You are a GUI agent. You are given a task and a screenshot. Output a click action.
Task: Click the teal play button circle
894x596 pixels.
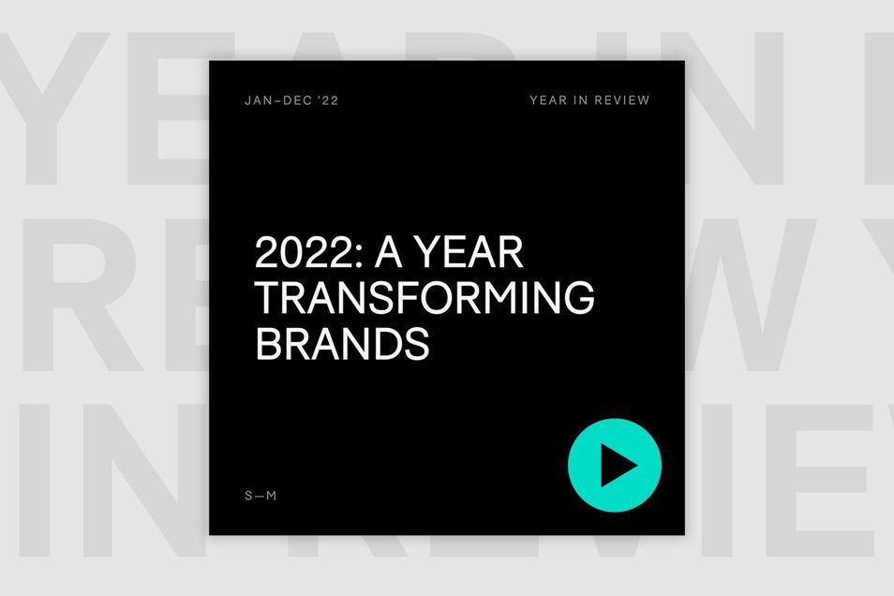[x=615, y=465]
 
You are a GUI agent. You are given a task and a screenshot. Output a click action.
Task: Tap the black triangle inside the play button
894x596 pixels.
[x=617, y=466]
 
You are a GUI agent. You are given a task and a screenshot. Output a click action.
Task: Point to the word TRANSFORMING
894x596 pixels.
[x=425, y=297]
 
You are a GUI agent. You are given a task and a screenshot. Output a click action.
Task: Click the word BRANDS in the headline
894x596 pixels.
[x=342, y=343]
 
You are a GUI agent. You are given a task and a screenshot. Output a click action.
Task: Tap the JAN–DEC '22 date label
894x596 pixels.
[x=291, y=100]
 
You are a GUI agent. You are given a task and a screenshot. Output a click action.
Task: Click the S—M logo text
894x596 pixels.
[x=261, y=496]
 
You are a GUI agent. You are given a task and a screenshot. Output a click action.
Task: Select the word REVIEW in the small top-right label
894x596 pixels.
[x=622, y=100]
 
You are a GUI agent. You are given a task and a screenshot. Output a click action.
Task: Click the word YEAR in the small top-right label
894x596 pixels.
[x=548, y=100]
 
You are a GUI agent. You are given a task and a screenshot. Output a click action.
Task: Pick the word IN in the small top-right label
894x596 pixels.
[x=580, y=100]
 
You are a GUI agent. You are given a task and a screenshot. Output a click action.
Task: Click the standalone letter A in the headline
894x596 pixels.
[x=388, y=252]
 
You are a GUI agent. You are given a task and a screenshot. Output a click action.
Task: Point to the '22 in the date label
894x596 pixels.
[x=329, y=100]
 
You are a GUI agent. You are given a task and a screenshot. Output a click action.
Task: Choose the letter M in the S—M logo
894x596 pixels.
[x=272, y=496]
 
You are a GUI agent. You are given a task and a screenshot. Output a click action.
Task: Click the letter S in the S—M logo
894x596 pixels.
[x=248, y=496]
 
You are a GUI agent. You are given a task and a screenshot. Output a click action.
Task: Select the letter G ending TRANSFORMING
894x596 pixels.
[x=579, y=297]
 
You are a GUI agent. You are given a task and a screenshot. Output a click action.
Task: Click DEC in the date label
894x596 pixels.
[x=297, y=100]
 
